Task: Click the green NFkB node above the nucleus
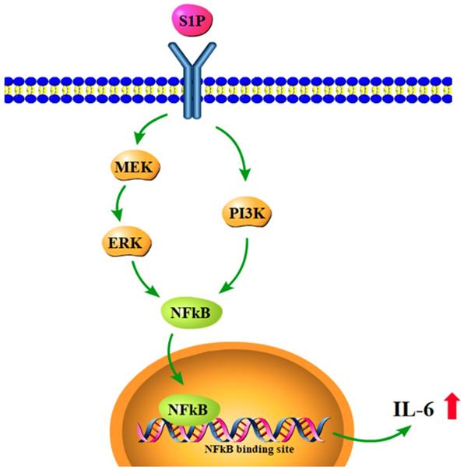pyautogui.click(x=188, y=314)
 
